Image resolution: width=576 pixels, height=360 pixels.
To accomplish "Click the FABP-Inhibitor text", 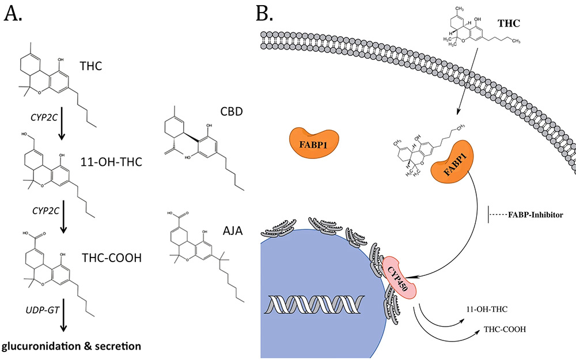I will click(x=536, y=215).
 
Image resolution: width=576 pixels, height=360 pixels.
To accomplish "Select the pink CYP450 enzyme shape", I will click(x=399, y=276).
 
